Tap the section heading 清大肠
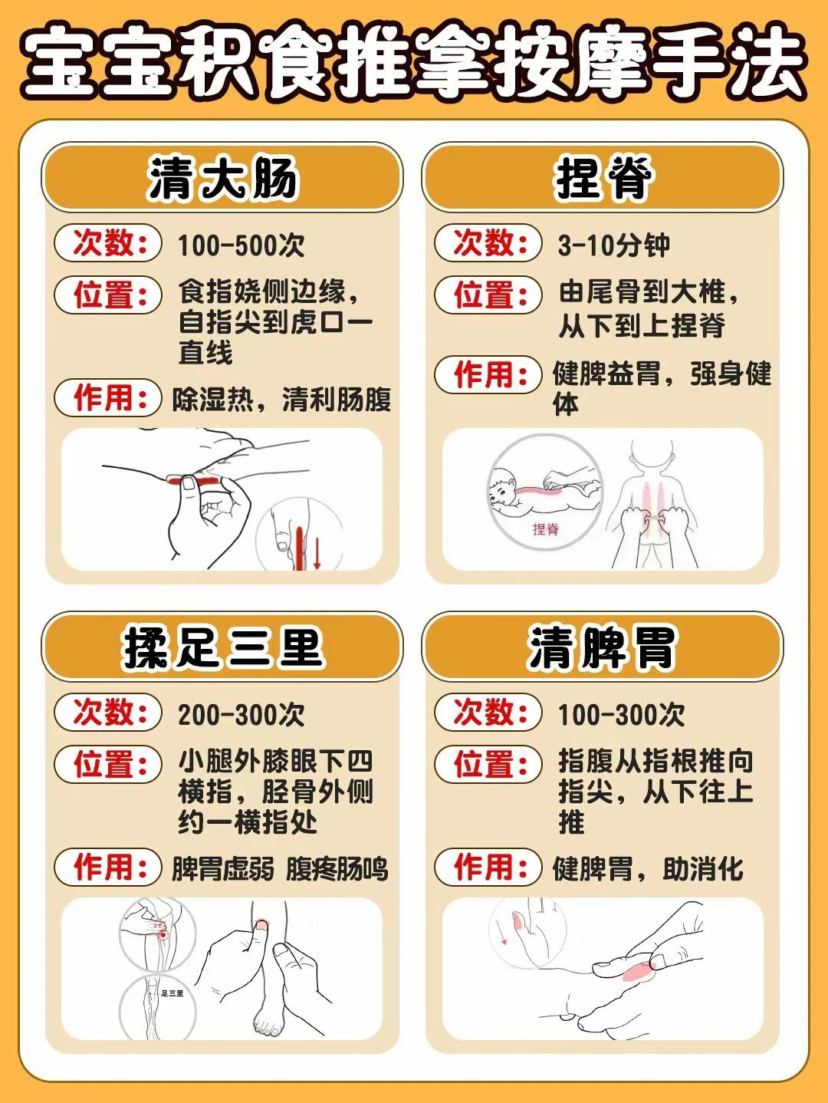pos(222,178)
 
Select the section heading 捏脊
pos(603,178)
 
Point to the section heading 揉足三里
pos(222,647)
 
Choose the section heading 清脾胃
pos(603,647)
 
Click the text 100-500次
pos(241,245)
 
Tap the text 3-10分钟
pos(613,245)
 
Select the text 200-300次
pos(241,714)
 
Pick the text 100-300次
pos(621,714)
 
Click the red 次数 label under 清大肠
pos(108,242)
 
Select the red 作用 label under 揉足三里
pos(108,867)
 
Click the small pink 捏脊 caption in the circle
pos(545,528)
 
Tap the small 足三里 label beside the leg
pos(172,993)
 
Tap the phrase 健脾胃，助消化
pos(648,869)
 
